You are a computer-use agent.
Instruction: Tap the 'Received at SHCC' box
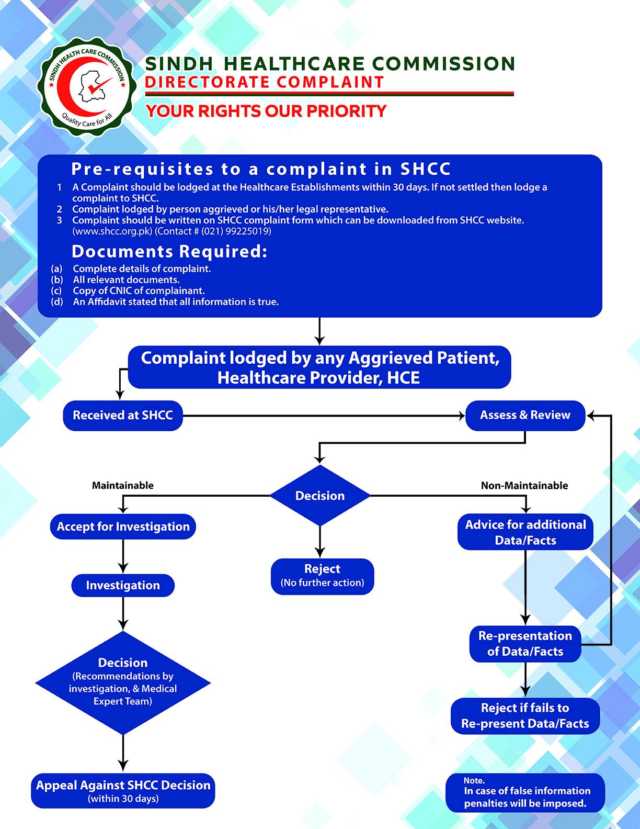pyautogui.click(x=123, y=416)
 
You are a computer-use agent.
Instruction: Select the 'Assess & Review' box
pyautogui.click(x=525, y=416)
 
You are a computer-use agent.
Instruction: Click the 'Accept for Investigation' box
pyautogui.click(x=123, y=526)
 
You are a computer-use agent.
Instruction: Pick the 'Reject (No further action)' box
pyautogui.click(x=322, y=576)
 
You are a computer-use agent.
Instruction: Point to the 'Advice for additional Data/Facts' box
pyautogui.click(x=525, y=532)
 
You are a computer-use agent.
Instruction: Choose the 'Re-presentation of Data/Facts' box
pyautogui.click(x=525, y=644)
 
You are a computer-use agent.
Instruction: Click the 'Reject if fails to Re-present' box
pyautogui.click(x=525, y=716)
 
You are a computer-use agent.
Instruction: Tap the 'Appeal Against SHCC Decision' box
pyautogui.click(x=123, y=790)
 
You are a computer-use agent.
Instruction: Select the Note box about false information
pyautogui.click(x=525, y=792)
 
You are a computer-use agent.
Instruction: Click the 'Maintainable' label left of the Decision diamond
pyautogui.click(x=123, y=486)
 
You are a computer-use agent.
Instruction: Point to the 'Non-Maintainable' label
pyautogui.click(x=524, y=486)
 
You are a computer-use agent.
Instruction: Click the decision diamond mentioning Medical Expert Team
pyautogui.click(x=123, y=682)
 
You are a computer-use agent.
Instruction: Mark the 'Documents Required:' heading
pyautogui.click(x=169, y=252)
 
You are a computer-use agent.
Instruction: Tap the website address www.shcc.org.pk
pyautogui.click(x=112, y=231)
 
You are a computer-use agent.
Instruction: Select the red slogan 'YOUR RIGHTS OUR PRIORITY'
pyautogui.click(x=266, y=111)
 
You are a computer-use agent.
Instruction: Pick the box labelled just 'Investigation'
pyautogui.click(x=123, y=585)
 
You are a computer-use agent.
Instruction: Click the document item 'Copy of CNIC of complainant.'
pyautogui.click(x=139, y=290)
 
